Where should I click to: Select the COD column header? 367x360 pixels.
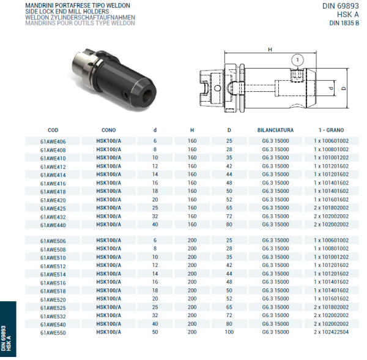[x=53, y=130]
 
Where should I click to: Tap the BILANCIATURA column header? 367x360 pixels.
[x=275, y=130]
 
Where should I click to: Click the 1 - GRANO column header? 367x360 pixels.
[x=331, y=130]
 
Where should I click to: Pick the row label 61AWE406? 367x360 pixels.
[x=53, y=141]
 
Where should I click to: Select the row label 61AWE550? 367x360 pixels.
[x=53, y=332]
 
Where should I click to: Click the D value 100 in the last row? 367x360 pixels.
[x=229, y=332]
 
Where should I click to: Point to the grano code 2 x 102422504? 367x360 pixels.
[x=331, y=332]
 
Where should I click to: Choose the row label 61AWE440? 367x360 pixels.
[x=53, y=225]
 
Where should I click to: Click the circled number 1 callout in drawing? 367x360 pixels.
[x=297, y=60]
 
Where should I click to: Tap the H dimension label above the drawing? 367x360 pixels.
[x=270, y=50]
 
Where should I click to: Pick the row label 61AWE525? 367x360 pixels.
[x=53, y=308]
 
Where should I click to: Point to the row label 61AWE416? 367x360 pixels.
[x=53, y=183]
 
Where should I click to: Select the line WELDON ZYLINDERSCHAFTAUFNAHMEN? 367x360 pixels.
[x=73, y=17]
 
